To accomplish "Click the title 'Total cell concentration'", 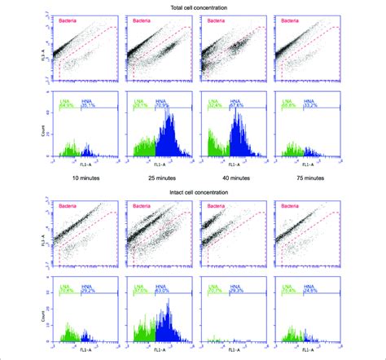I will [193, 7].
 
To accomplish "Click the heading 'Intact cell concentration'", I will [193, 192].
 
